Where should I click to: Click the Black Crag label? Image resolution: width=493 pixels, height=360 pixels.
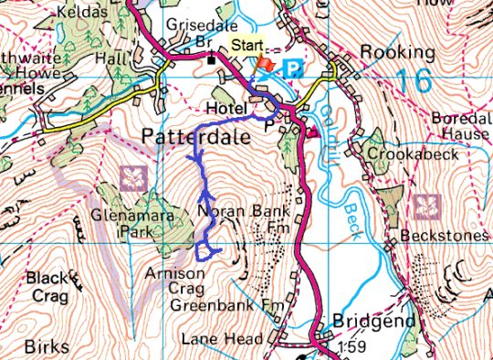[x=47, y=284]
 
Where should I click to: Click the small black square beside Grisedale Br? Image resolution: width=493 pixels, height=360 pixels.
[x=211, y=60]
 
